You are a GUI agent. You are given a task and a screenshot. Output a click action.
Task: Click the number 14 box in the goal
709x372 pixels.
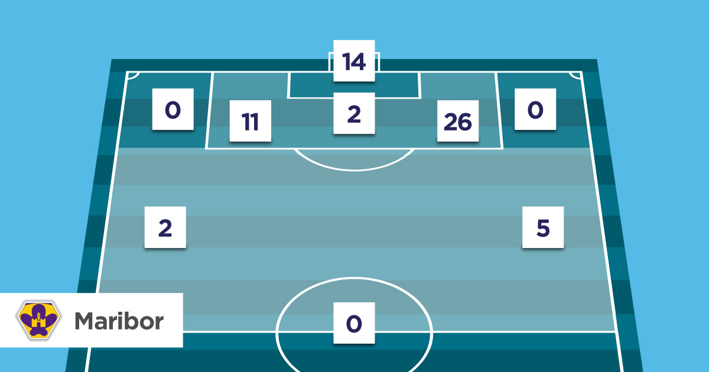click(354, 61)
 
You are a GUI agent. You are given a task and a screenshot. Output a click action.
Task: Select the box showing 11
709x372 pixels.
click(251, 121)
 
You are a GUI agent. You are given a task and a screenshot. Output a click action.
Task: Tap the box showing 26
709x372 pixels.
click(458, 121)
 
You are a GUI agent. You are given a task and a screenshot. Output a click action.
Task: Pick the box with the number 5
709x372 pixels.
click(543, 227)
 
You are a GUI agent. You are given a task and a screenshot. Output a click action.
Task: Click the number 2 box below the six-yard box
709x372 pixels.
click(354, 113)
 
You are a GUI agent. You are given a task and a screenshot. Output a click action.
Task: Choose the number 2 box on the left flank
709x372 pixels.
click(165, 227)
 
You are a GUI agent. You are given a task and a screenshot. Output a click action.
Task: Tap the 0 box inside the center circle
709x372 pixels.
click(354, 323)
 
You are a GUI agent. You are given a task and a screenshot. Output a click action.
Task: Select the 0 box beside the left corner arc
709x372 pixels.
click(173, 109)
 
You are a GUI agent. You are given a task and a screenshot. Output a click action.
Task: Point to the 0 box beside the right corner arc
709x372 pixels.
click(535, 109)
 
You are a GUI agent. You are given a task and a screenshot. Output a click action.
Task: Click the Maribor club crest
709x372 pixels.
click(38, 320)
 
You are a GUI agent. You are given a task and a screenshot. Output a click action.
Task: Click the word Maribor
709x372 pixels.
click(119, 321)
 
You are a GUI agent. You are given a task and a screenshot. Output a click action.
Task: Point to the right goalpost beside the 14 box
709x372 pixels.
click(378, 62)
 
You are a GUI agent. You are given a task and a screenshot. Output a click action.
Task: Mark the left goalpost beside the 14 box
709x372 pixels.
click(330, 62)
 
